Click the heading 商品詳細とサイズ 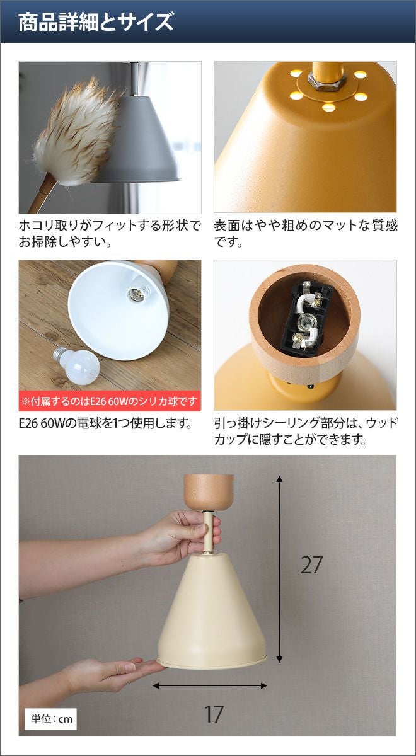[x=96, y=22]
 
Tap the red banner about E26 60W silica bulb [x=110, y=401]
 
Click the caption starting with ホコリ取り [x=110, y=234]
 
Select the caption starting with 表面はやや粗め [x=306, y=234]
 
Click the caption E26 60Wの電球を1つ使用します [x=105, y=423]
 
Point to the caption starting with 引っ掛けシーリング [x=306, y=432]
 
